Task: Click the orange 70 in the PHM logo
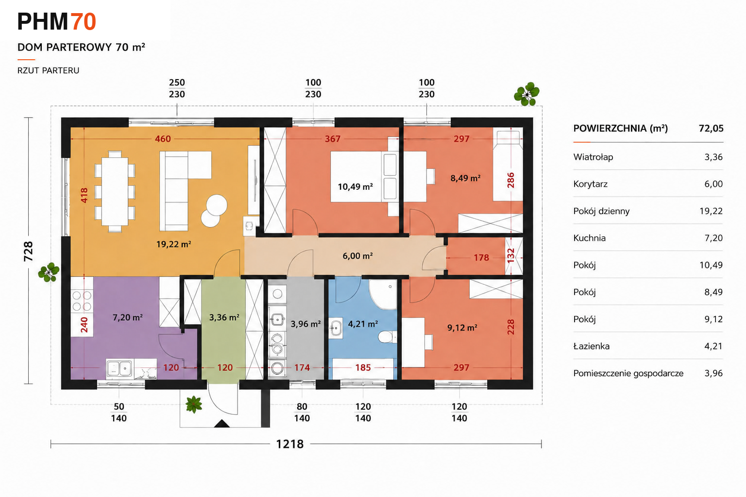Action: [x=83, y=22]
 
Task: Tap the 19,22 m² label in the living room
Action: [x=173, y=244]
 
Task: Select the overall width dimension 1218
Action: [x=290, y=444]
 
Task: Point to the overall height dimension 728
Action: [x=29, y=251]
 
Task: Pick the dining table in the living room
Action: [x=115, y=191]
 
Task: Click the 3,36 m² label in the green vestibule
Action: [x=224, y=317]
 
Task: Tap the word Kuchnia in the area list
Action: [x=589, y=238]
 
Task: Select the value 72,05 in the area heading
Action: [x=711, y=129]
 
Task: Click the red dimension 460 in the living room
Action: [x=163, y=139]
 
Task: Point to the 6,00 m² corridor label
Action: [x=357, y=256]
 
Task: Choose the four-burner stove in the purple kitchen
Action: [x=82, y=301]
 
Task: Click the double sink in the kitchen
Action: [x=119, y=368]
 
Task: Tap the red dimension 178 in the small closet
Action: [x=481, y=258]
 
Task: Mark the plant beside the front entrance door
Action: [x=194, y=404]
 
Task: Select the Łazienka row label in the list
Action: [x=591, y=346]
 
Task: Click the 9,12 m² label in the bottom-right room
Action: [x=462, y=328]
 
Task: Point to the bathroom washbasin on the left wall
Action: [x=336, y=328]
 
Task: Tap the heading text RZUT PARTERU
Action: [x=48, y=70]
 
